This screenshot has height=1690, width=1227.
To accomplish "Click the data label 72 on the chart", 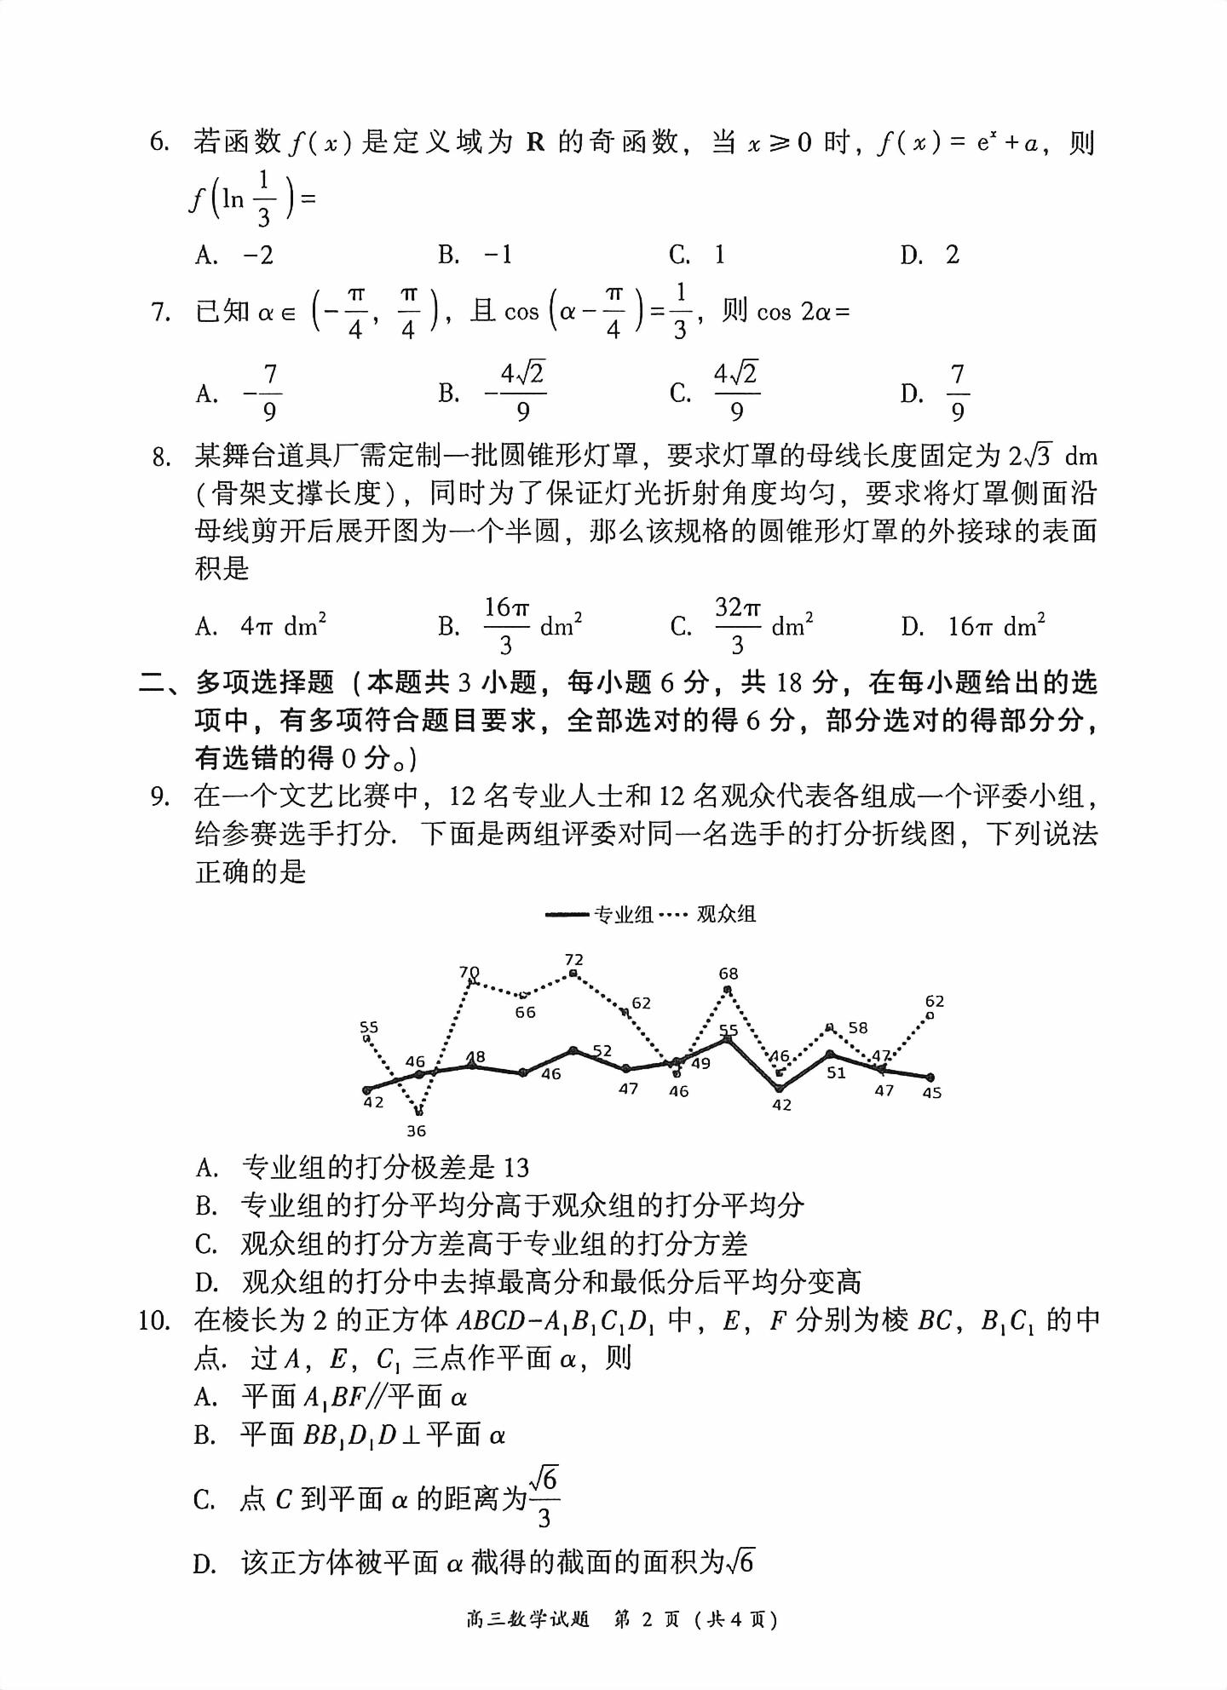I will (x=573, y=960).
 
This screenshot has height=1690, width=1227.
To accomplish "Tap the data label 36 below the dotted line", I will (x=416, y=1131).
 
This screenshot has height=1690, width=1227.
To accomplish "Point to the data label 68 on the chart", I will (x=728, y=974).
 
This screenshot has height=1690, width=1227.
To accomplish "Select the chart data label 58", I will (x=858, y=1028).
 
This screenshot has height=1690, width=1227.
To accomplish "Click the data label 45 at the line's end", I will (x=931, y=1093).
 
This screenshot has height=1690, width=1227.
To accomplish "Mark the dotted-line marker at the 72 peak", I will (x=573, y=973).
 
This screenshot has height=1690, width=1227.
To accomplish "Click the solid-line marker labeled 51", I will (x=830, y=1055).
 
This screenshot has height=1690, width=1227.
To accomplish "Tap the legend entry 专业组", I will (x=623, y=915).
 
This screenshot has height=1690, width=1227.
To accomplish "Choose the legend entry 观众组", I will (x=726, y=915).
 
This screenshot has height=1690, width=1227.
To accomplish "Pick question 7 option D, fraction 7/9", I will (x=957, y=393).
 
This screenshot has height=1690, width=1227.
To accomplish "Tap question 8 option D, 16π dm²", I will (x=996, y=627).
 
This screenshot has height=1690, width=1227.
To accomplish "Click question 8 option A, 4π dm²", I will (x=283, y=627).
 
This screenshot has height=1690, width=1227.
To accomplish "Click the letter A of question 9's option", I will (x=205, y=1168).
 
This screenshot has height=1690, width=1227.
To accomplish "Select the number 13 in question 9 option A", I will (x=516, y=1168).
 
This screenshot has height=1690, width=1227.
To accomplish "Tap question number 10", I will (x=155, y=1321).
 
